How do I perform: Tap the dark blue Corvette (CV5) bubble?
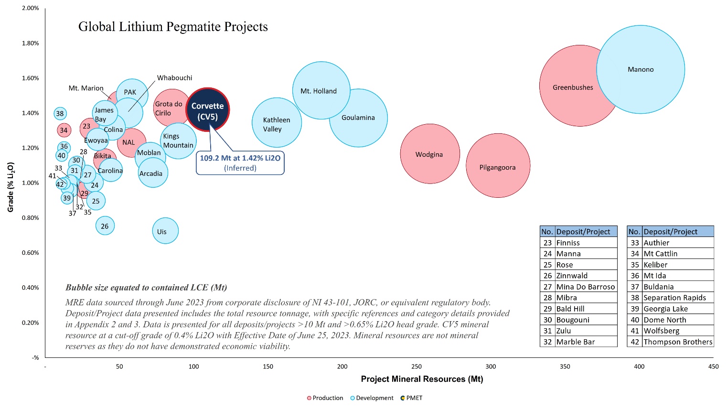(x=207, y=110)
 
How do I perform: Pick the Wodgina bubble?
(x=429, y=154)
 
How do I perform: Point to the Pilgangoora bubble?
(x=498, y=166)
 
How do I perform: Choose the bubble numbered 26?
(x=105, y=226)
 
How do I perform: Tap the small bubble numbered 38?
(x=60, y=114)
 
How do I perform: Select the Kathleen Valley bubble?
(x=277, y=123)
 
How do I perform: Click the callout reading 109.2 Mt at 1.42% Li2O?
(x=240, y=162)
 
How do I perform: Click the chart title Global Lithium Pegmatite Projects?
(x=173, y=27)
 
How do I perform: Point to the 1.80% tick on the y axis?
(x=31, y=43)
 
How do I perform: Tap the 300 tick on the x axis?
(x=491, y=366)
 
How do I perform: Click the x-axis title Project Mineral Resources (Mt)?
(x=422, y=379)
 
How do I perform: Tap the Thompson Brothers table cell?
(x=677, y=342)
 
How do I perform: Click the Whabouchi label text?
(x=174, y=78)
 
